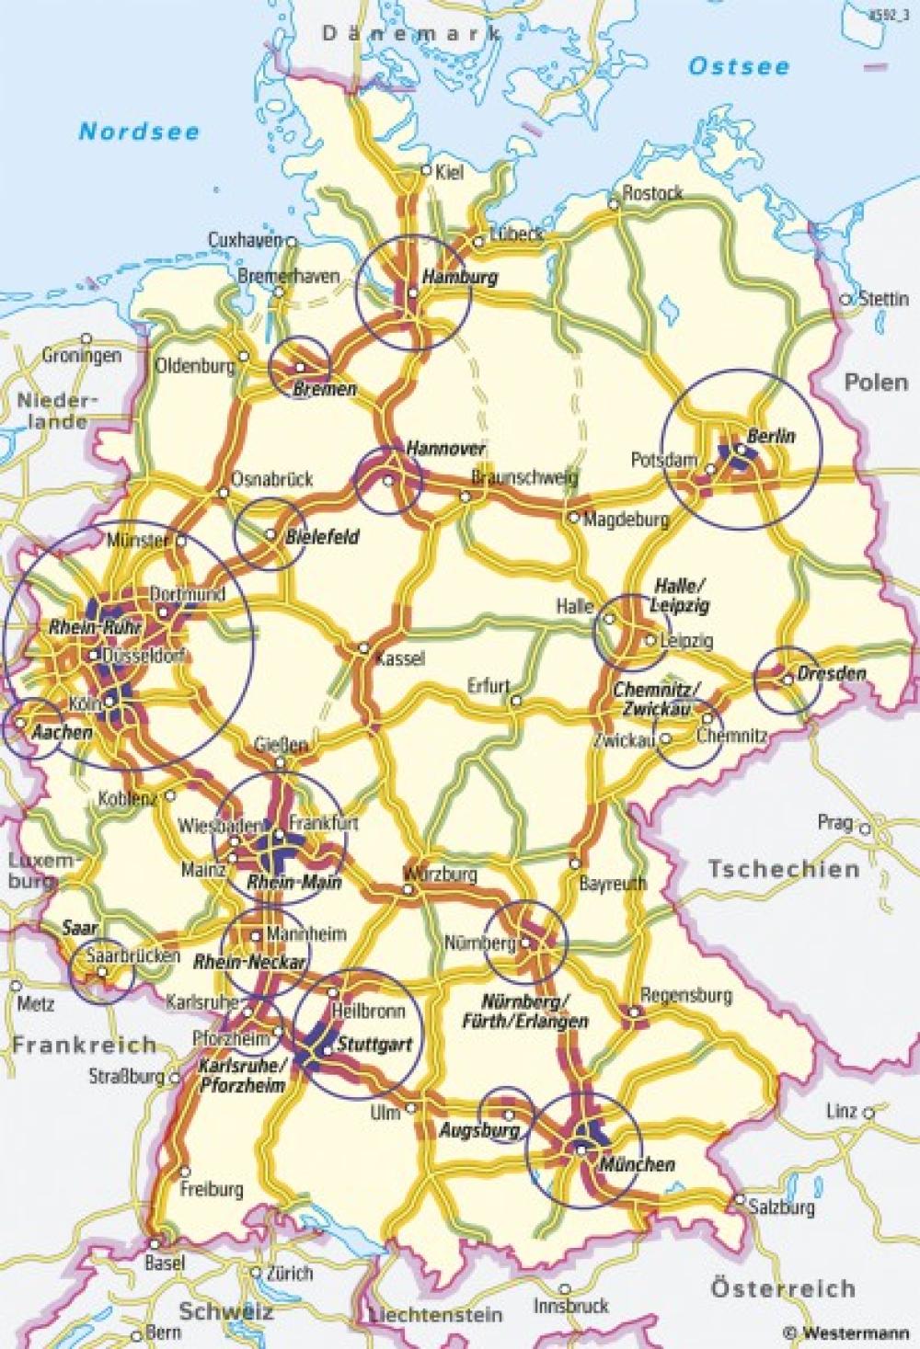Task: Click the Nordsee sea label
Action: [139, 131]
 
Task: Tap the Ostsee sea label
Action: [740, 66]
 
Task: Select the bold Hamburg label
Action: [459, 276]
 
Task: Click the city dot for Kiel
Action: [426, 170]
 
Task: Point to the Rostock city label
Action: [652, 193]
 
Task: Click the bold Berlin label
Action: [771, 436]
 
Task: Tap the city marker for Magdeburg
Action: [574, 519]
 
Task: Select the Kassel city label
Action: [398, 658]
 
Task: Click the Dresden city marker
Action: [788, 680]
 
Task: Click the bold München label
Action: [637, 1164]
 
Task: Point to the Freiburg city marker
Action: [186, 1172]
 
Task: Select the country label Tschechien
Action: [784, 869]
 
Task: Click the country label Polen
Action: [876, 381]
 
